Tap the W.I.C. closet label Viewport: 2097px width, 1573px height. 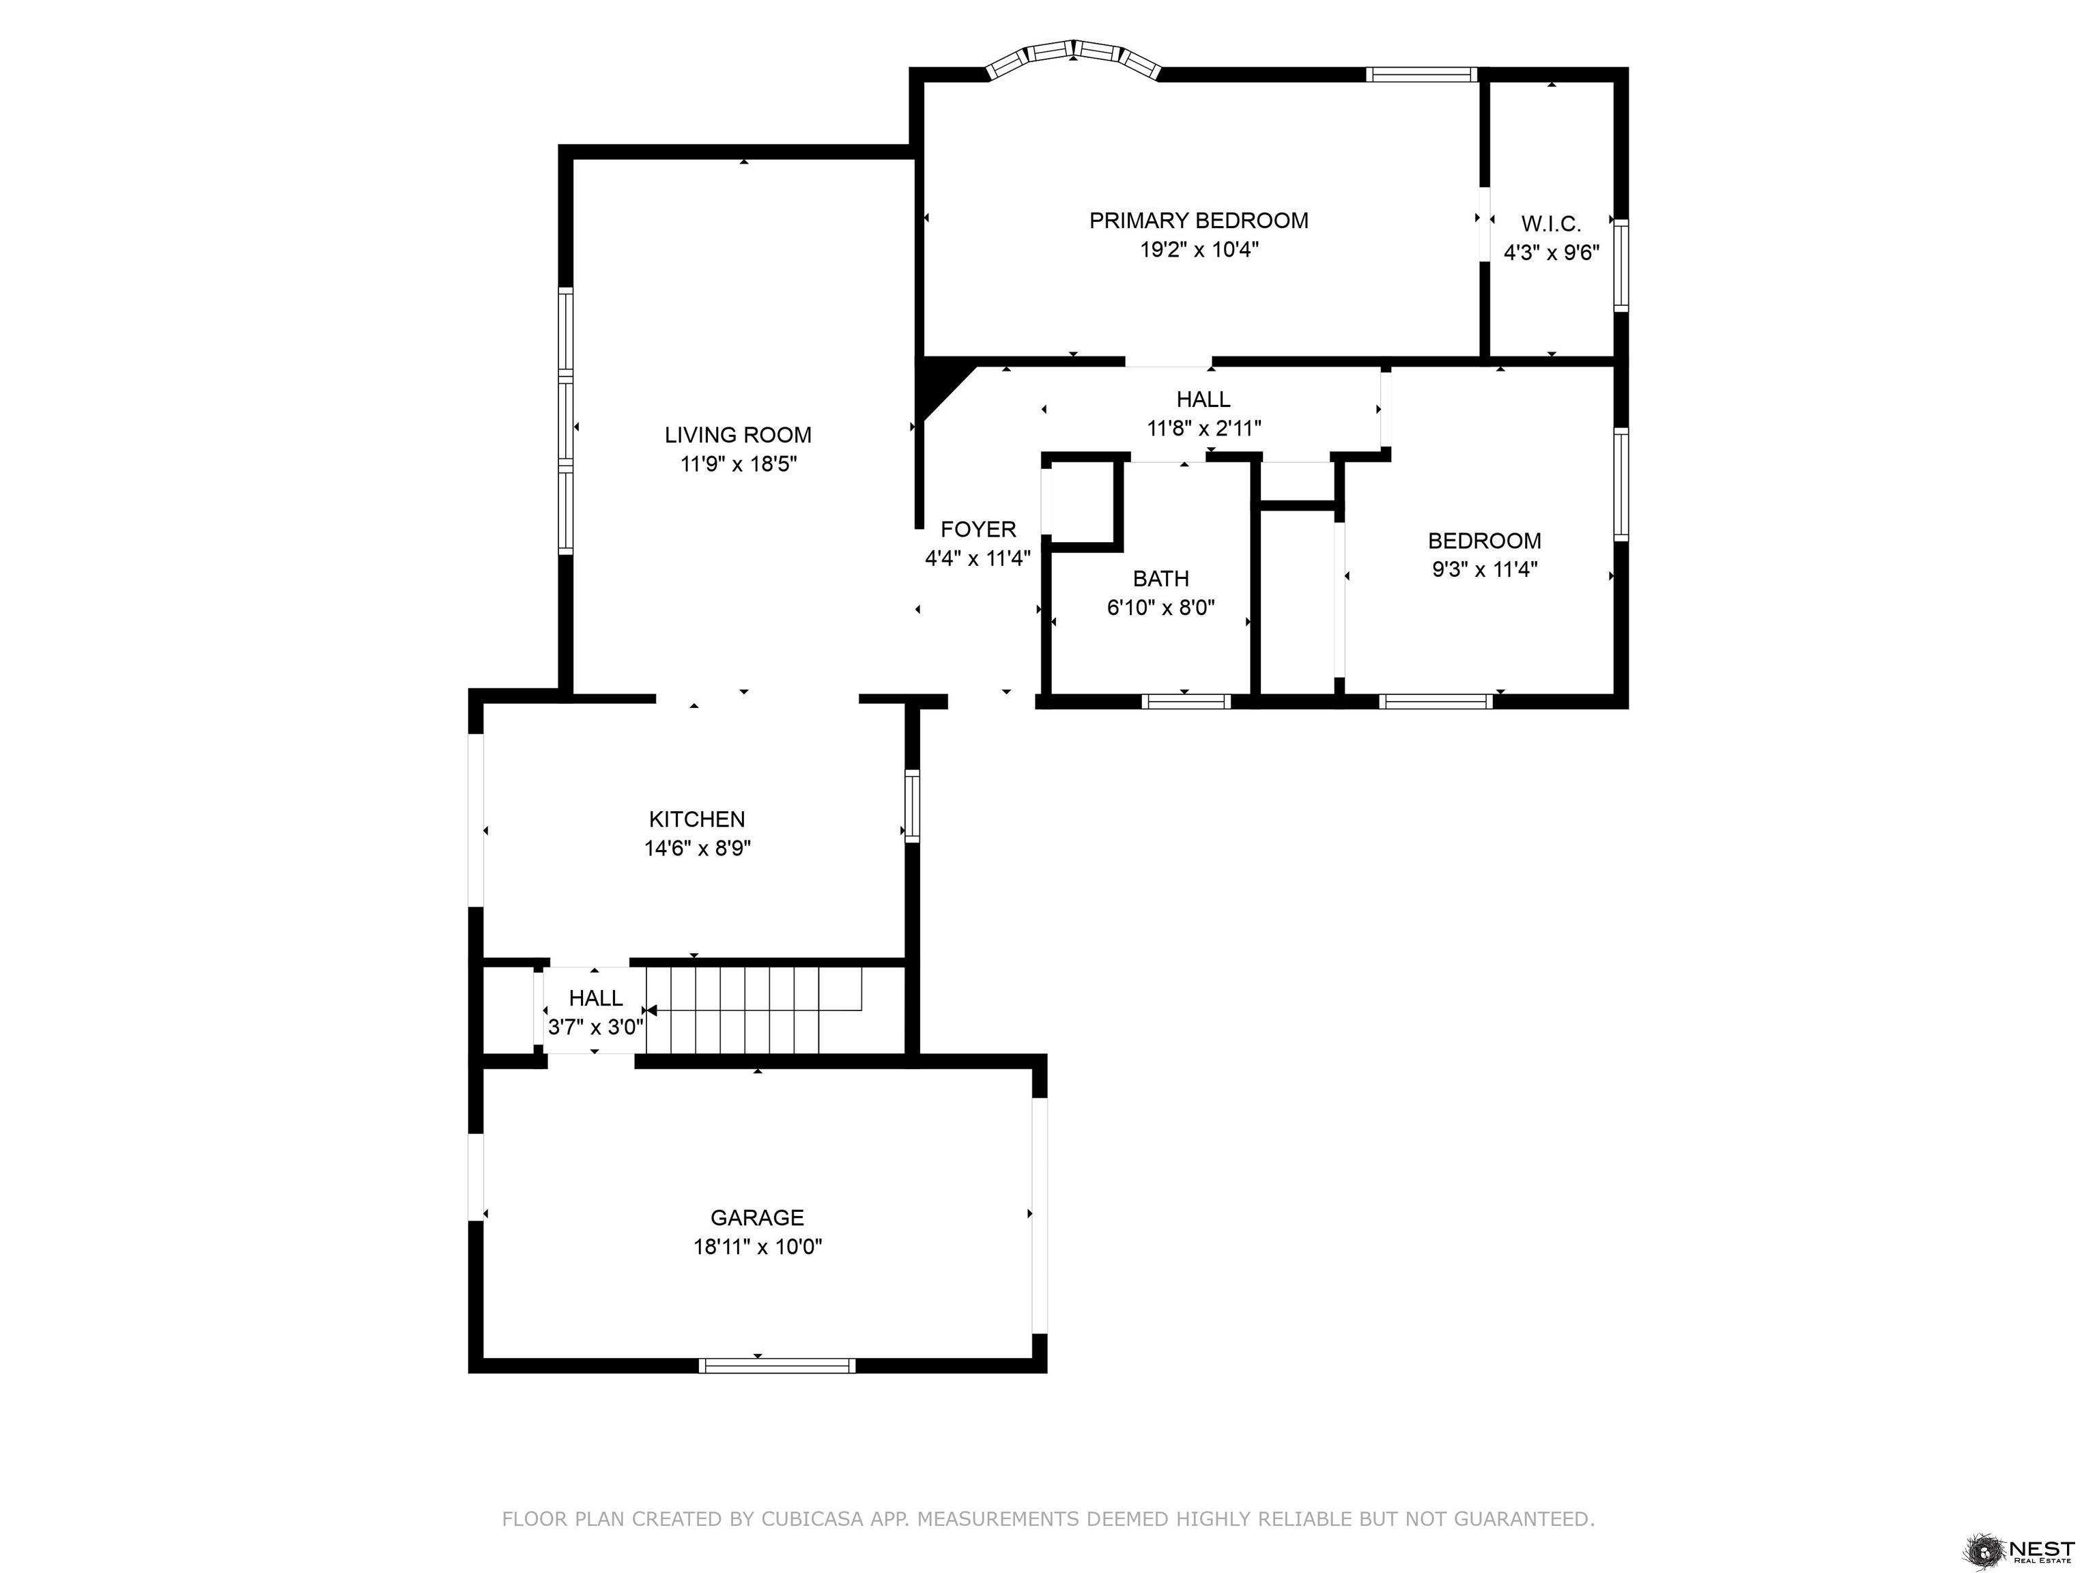[x=1551, y=225]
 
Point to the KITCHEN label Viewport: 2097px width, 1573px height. [x=697, y=819]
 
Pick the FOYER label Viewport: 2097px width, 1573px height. [x=978, y=529]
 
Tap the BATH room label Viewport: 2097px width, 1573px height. [x=1160, y=578]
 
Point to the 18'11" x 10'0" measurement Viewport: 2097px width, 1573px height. [x=758, y=1247]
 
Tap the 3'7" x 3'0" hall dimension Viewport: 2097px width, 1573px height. [x=595, y=1027]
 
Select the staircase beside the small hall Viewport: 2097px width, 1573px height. [x=754, y=1010]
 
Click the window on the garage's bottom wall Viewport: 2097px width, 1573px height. [x=776, y=1365]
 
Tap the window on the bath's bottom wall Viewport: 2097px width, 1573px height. [x=1186, y=702]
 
